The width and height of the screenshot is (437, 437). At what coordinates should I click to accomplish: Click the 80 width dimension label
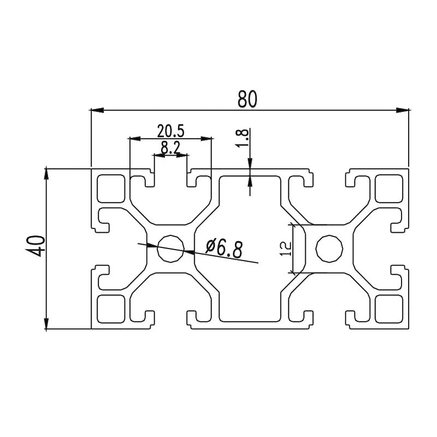[247, 98]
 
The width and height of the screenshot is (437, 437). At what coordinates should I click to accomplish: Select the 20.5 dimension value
[170, 131]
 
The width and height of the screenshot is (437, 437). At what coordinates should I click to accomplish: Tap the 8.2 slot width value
[170, 147]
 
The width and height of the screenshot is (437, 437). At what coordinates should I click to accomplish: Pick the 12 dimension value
[285, 250]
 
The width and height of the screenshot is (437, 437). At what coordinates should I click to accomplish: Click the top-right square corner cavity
[388, 187]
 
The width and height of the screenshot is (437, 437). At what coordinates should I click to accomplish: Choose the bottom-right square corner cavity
[388, 309]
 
